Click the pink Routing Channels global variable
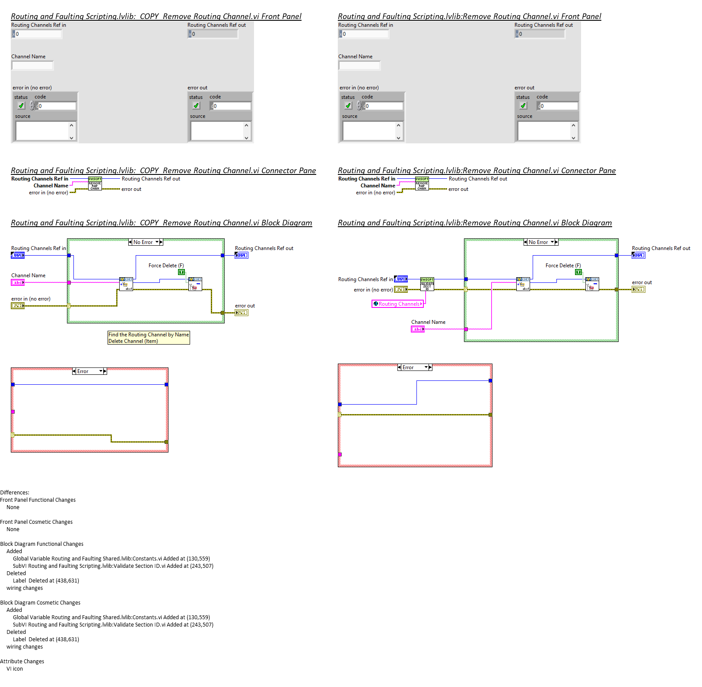click(x=397, y=304)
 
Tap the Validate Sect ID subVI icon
click(x=427, y=284)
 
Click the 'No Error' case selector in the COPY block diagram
click(x=146, y=242)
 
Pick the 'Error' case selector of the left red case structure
click(x=89, y=371)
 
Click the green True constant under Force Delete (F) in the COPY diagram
click(x=181, y=272)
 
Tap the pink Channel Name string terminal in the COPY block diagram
click(x=18, y=282)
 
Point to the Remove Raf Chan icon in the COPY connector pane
click(x=95, y=184)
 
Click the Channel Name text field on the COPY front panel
click(x=32, y=66)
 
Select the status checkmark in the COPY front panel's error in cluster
click(x=21, y=106)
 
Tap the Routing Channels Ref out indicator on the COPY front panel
click(x=213, y=34)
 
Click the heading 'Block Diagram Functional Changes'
click(x=42, y=544)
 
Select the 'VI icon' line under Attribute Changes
click(x=15, y=669)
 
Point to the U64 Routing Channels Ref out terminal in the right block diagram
click(x=638, y=255)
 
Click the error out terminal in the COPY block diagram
click(x=241, y=313)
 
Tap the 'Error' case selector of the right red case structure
click(x=415, y=367)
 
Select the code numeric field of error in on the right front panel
click(x=384, y=106)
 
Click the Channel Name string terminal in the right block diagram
click(x=417, y=329)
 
